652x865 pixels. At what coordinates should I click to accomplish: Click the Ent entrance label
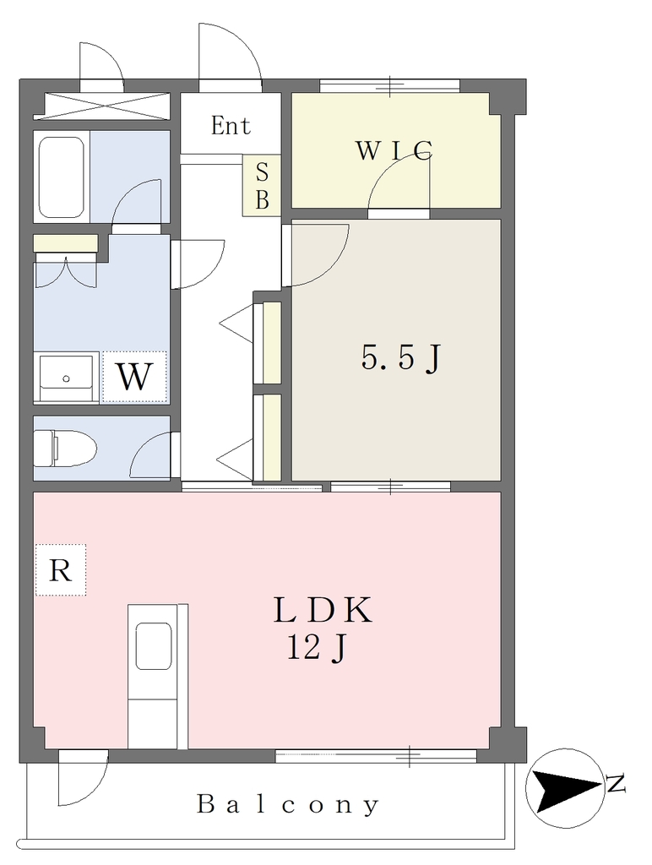coord(231,126)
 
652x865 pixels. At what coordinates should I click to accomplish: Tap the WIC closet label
coord(394,150)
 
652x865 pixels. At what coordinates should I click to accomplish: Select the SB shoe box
coord(262,186)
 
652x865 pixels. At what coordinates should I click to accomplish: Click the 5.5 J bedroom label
coord(401,357)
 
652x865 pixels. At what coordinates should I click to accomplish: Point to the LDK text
coord(323,610)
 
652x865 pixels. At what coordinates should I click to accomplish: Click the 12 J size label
coord(316,648)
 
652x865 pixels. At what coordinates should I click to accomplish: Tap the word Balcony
coord(288,805)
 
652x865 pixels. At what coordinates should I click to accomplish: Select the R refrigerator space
coord(61,570)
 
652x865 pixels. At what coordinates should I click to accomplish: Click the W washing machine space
coord(134,378)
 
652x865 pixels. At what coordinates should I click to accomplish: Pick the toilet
coord(64,448)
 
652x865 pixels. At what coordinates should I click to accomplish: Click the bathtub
coord(61,177)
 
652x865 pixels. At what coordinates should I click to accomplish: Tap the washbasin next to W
coord(66,378)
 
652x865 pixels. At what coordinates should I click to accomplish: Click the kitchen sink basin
coord(153,646)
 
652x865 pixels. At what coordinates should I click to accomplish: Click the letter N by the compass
coord(616,784)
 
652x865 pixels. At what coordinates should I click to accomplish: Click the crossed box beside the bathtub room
coord(101,106)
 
